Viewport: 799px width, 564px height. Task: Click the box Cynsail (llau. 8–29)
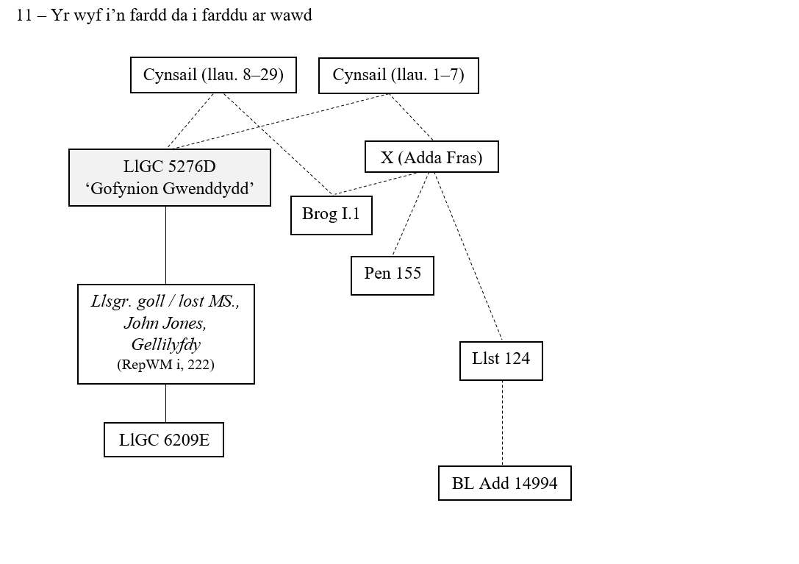(x=213, y=75)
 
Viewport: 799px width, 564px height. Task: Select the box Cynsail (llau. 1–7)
(x=398, y=75)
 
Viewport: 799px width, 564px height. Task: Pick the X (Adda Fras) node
(x=431, y=157)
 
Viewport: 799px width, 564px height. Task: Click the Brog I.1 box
(x=332, y=215)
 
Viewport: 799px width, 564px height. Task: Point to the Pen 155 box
(x=393, y=275)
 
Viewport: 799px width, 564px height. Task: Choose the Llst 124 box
(x=501, y=360)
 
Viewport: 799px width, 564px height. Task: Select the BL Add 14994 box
(x=505, y=483)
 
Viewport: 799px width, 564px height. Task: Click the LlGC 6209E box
(x=164, y=440)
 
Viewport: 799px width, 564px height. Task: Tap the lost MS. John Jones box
(x=166, y=334)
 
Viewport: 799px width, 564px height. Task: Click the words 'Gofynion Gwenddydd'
(x=170, y=189)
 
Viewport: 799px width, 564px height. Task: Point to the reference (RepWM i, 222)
(x=165, y=365)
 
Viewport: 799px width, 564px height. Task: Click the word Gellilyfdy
(x=166, y=344)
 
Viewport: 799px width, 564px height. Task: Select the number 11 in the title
(x=24, y=15)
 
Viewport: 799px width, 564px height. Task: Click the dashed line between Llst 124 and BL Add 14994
(x=502, y=423)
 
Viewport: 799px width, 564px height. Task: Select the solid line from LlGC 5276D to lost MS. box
(x=165, y=245)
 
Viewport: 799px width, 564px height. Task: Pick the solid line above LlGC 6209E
(x=165, y=403)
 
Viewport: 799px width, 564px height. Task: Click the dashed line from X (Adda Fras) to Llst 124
(x=467, y=257)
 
